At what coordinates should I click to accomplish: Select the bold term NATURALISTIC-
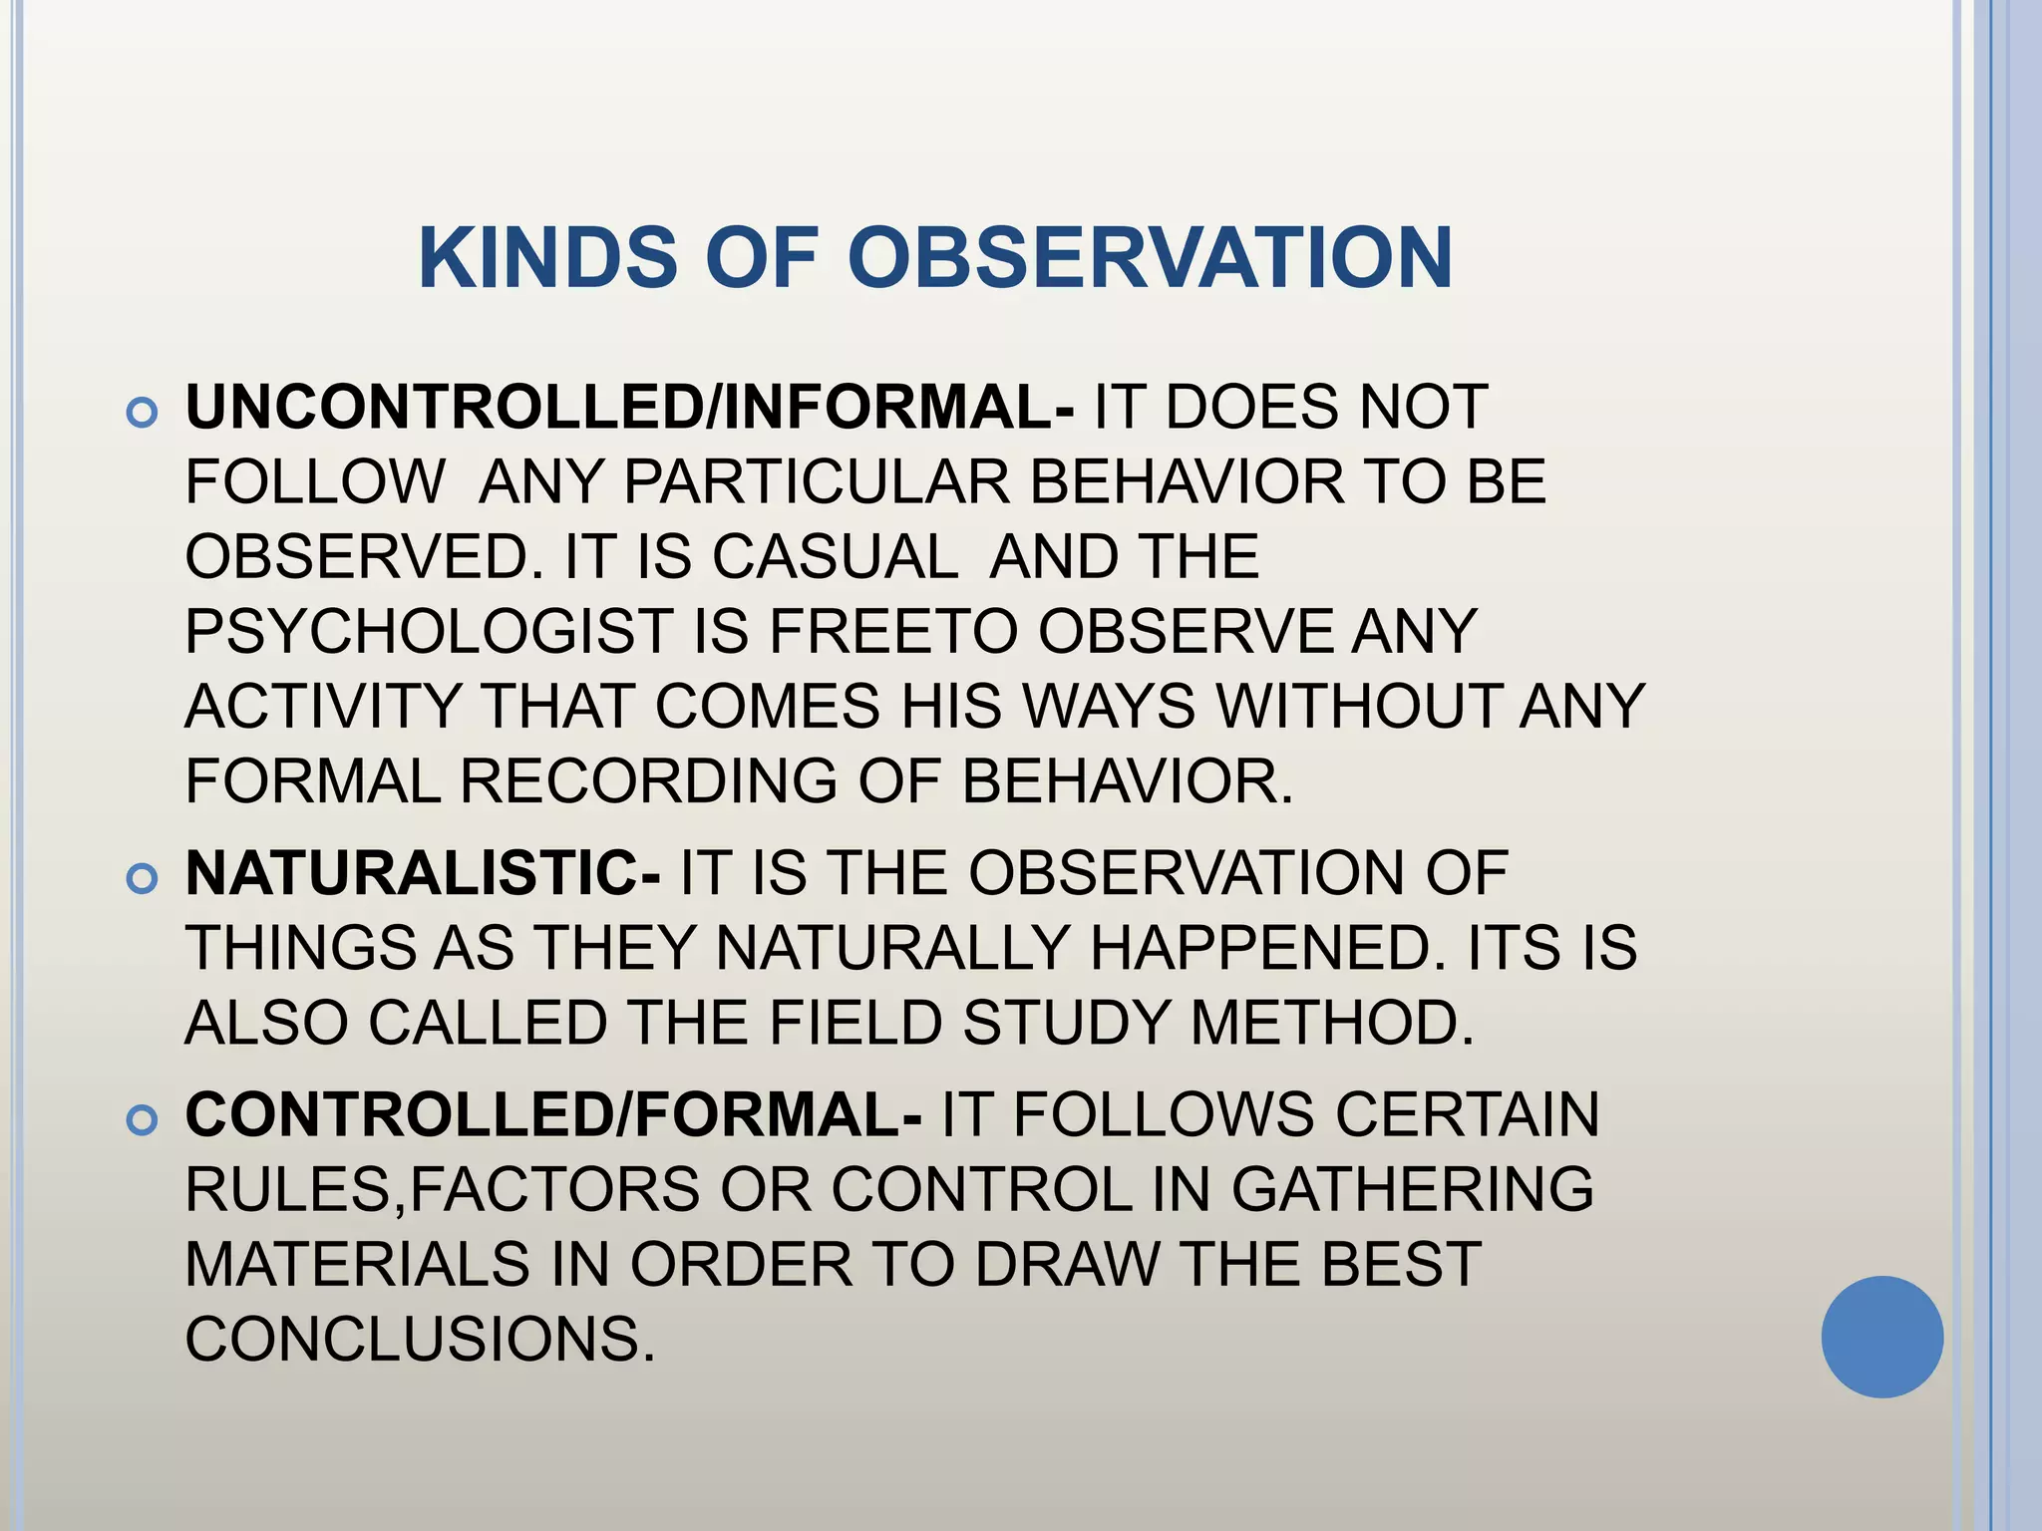(x=423, y=873)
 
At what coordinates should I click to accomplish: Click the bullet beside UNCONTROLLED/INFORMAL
(x=143, y=413)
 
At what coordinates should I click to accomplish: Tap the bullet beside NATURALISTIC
(x=143, y=878)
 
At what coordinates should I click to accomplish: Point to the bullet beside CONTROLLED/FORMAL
(x=143, y=1119)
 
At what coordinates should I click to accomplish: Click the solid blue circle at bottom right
(x=1881, y=1337)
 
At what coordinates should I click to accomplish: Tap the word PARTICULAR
(x=818, y=482)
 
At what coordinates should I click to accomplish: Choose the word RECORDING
(x=648, y=780)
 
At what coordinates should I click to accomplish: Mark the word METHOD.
(x=1332, y=1023)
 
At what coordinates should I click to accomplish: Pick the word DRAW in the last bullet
(x=1067, y=1264)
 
